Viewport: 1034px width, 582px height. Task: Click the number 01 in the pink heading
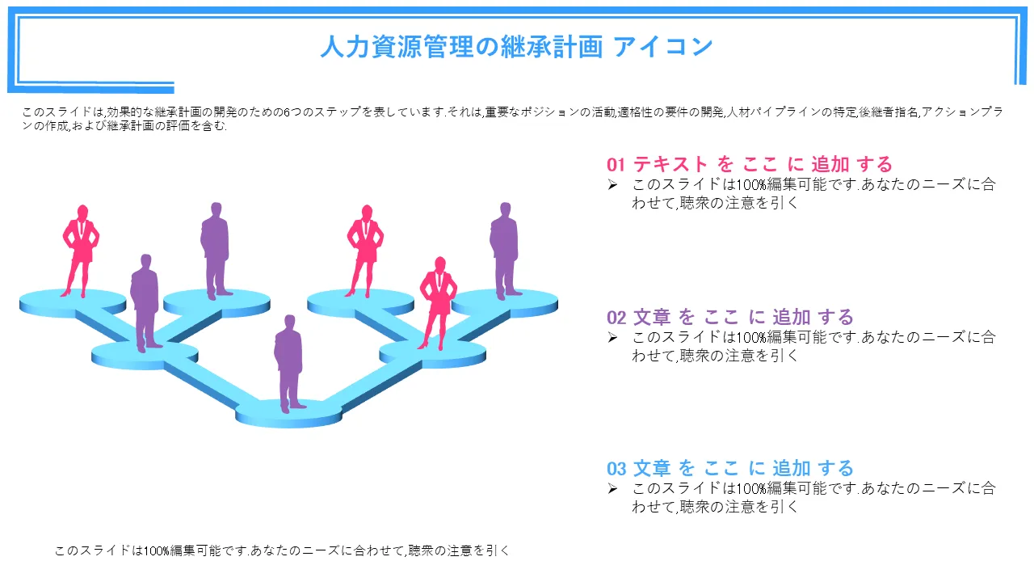(x=616, y=164)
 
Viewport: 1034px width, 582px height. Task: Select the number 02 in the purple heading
(x=616, y=318)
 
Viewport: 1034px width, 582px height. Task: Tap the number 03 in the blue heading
(x=616, y=469)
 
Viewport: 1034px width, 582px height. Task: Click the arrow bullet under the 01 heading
(x=612, y=185)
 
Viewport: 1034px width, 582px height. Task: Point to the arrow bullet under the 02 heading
(x=612, y=338)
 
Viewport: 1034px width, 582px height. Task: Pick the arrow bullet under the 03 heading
(x=612, y=489)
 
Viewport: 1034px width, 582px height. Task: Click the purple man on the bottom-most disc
(x=289, y=364)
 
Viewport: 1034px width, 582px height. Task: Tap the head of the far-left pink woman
(x=82, y=212)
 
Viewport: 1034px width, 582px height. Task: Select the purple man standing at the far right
(x=505, y=251)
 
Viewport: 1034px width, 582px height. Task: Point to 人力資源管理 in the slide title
(x=397, y=47)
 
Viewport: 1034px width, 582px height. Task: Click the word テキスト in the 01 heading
(x=670, y=164)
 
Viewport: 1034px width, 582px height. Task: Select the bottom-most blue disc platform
(x=288, y=413)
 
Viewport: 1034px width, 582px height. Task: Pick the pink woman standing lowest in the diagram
(x=438, y=303)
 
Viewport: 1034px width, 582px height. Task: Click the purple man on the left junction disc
(x=145, y=303)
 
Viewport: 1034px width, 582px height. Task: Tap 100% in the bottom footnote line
(x=156, y=550)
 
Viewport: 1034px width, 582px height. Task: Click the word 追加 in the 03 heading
(x=792, y=469)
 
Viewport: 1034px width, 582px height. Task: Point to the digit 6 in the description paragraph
(x=286, y=112)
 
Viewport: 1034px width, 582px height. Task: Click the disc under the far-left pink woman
(x=73, y=303)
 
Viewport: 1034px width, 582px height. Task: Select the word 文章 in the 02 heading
(x=652, y=318)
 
